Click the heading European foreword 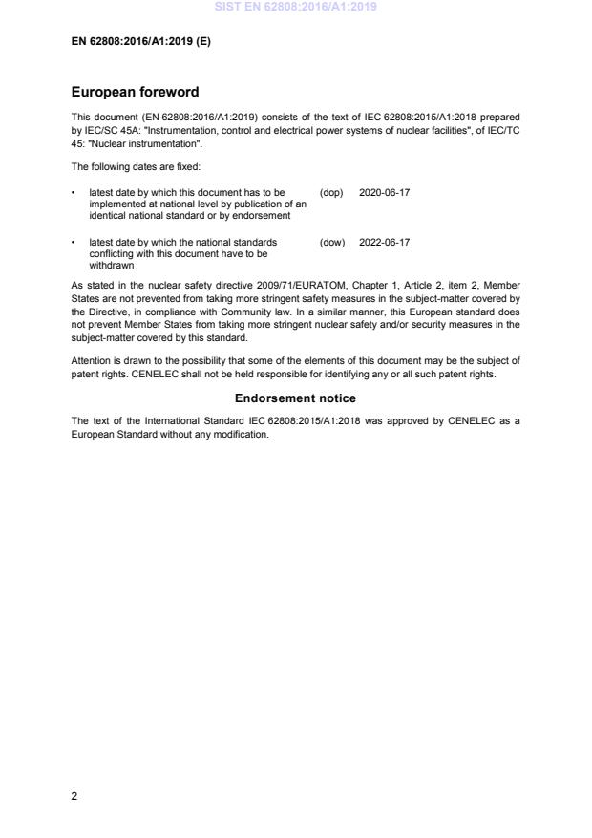pyautogui.click(x=135, y=93)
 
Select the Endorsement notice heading pyautogui.click(x=295, y=398)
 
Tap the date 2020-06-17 pyautogui.click(x=384, y=192)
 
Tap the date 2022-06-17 pyautogui.click(x=384, y=243)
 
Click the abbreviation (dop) pyautogui.click(x=331, y=192)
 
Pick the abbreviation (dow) pyautogui.click(x=332, y=243)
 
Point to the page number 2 pyautogui.click(x=74, y=796)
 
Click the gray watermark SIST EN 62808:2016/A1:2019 pyautogui.click(x=296, y=7)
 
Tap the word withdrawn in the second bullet pyautogui.click(x=111, y=266)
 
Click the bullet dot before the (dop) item pyautogui.click(x=74, y=192)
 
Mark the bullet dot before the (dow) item pyautogui.click(x=74, y=243)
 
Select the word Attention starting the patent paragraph pyautogui.click(x=92, y=360)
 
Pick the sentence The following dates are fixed pyautogui.click(x=135, y=166)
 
